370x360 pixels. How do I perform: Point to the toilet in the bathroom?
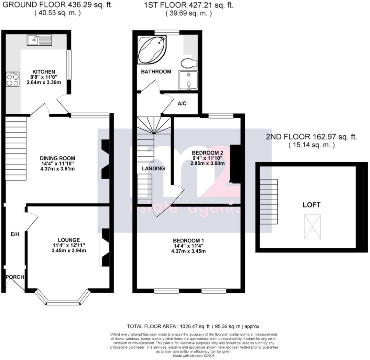(x=188, y=62)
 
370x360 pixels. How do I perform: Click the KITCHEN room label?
(x=44, y=72)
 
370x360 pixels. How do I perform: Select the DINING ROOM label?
(x=58, y=158)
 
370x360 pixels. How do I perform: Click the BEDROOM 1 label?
(x=188, y=241)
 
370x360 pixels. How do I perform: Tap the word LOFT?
(x=311, y=205)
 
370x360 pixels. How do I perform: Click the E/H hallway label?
(x=15, y=234)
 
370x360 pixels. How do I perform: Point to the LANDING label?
(x=154, y=168)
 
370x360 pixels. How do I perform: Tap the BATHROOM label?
(x=156, y=72)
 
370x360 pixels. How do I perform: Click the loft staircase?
(x=269, y=201)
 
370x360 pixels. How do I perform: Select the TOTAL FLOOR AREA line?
(x=194, y=326)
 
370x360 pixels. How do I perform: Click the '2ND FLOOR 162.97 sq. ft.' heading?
(x=311, y=137)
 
